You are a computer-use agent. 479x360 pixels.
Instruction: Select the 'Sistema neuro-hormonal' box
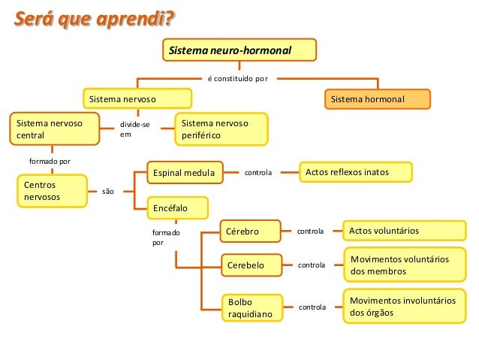239,50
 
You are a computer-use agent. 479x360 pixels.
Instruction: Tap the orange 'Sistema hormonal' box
378,99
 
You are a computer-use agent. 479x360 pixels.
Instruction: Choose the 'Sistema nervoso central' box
54,129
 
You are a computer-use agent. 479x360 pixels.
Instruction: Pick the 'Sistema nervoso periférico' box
223,129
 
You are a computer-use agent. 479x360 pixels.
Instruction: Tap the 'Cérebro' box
249,231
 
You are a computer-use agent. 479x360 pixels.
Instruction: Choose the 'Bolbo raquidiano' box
251,307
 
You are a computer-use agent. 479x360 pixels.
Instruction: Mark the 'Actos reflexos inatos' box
355,172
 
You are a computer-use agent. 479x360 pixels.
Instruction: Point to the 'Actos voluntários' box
403,230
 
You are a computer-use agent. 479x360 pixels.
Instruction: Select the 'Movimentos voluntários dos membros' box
403,265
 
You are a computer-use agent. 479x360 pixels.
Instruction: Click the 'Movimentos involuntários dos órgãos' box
403,306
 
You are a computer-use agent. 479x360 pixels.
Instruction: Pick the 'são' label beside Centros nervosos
108,192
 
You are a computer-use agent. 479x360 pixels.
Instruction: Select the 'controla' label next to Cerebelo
312,265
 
